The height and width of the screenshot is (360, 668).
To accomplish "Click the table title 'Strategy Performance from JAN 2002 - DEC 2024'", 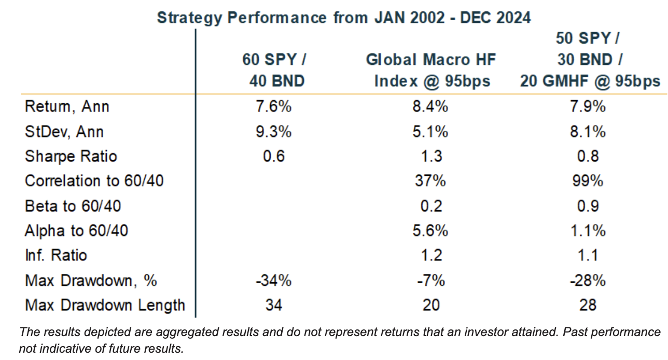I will coord(344,18).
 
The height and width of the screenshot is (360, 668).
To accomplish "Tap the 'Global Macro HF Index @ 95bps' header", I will coord(431,71).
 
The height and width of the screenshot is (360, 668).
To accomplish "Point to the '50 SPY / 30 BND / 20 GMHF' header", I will coord(590,60).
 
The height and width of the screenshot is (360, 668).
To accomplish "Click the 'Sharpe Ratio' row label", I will coord(71,157).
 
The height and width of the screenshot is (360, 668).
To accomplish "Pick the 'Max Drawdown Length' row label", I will coord(105,305).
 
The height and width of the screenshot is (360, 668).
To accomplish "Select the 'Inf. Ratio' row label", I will coord(56,255).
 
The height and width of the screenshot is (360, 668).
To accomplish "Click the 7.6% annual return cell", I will coord(273,107).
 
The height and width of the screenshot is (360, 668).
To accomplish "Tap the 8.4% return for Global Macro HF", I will coord(430,107).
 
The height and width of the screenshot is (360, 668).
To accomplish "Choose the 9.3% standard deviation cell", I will coord(273,132).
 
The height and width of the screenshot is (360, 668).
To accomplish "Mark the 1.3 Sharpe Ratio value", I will coord(430,157).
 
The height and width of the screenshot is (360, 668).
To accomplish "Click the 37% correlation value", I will coord(430,181).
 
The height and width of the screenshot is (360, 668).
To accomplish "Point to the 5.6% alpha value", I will coord(430,231).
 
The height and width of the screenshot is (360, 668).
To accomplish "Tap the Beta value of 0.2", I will coord(430,206).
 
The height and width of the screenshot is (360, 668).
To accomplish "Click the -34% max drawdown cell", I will coord(273,281).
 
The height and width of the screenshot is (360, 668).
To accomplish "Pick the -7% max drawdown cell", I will coord(430,281).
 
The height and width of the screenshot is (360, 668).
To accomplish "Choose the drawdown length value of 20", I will coord(430,305).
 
